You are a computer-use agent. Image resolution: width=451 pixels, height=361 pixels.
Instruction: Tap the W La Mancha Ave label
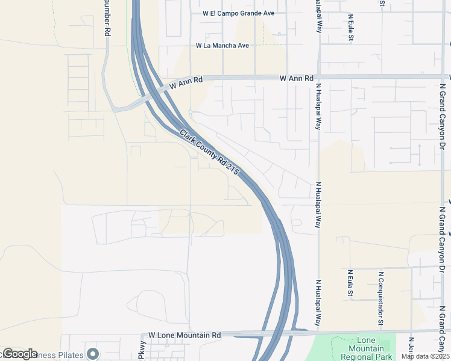(x=222, y=46)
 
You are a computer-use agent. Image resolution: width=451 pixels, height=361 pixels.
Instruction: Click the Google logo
(x=19, y=354)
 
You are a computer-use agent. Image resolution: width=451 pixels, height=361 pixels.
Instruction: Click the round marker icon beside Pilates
(x=92, y=353)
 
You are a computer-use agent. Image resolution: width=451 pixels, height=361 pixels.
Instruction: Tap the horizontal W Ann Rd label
(x=297, y=78)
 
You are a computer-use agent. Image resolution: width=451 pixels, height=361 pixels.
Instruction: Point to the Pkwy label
(x=142, y=352)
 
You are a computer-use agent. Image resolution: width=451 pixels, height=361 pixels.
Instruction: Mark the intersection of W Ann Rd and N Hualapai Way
(x=318, y=77)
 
